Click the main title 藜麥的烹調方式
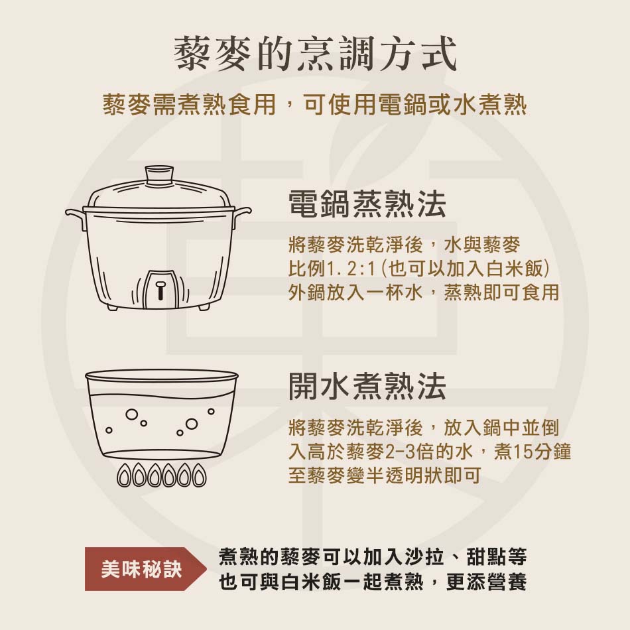pos(316,54)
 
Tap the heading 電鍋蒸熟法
pos(367,204)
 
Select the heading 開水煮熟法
pos(367,386)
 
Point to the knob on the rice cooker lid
pos(159,176)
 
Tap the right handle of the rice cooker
pos(242,216)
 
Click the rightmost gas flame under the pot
pos(198,475)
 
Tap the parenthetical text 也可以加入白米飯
pos(466,269)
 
